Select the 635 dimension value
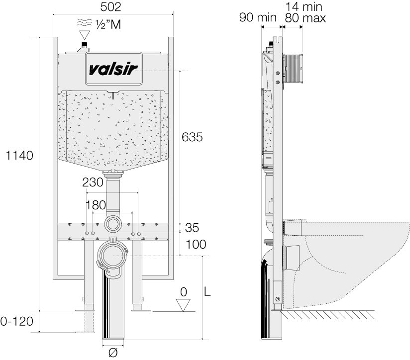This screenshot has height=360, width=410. tap(192, 137)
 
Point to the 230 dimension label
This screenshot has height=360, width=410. tap(93, 182)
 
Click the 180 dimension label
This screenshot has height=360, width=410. tap(96, 205)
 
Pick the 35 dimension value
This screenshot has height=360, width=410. tap(192, 228)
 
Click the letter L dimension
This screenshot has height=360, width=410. tap(208, 293)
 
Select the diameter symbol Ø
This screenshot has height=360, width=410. tap(113, 352)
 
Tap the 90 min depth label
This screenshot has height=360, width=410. tap(257, 18)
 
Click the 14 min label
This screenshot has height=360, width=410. tap(305, 7)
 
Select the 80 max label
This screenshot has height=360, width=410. tap(305, 18)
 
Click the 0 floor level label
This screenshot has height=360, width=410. tap(184, 292)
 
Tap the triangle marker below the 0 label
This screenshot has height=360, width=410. tap(184, 305)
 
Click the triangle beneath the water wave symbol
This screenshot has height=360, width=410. tap(85, 35)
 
